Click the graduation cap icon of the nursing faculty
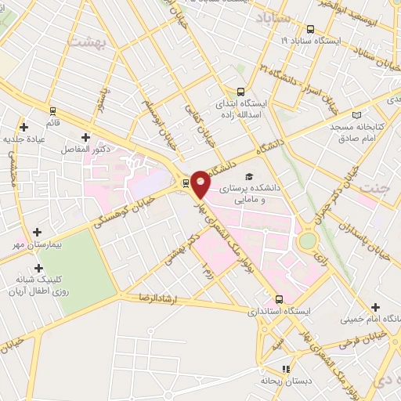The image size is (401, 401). tap(249, 176)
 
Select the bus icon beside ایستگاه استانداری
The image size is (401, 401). tap(280, 299)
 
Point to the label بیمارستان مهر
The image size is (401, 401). tap(38, 245)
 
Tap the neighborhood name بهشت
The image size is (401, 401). tap(86, 43)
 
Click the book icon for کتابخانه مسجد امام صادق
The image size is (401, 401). tap(358, 115)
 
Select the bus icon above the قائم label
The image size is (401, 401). tap(53, 110)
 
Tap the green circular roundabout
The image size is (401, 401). tap(308, 240)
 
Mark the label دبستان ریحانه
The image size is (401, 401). tap(287, 380)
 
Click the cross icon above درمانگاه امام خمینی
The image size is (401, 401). tap(376, 307)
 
